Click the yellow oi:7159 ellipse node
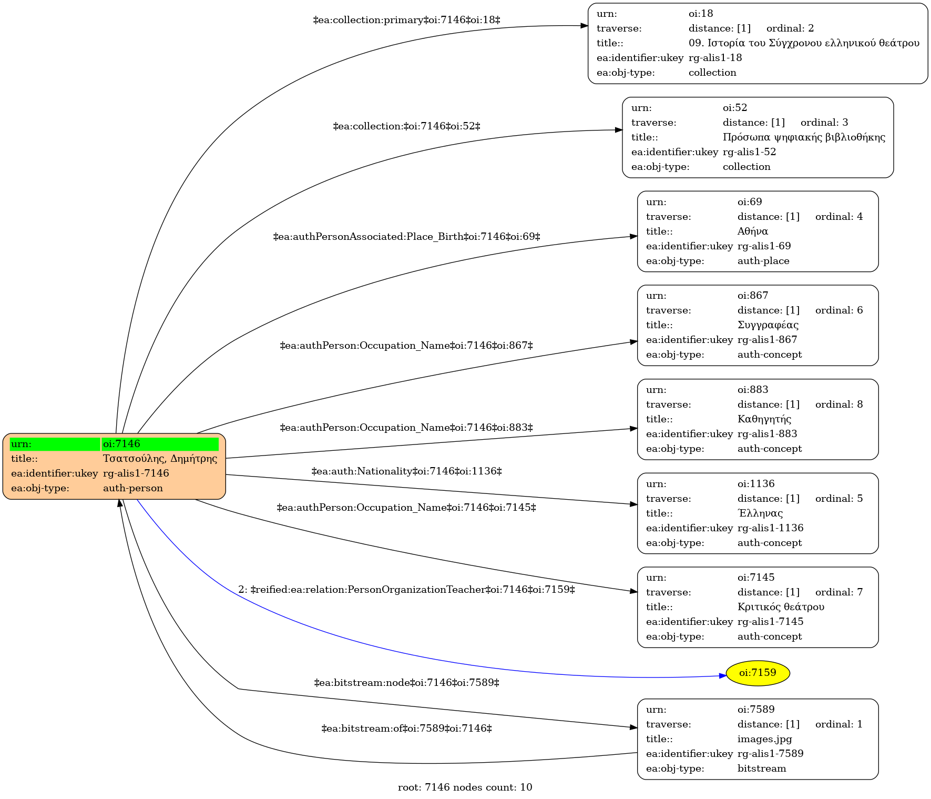(x=758, y=673)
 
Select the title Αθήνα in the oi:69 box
(x=753, y=231)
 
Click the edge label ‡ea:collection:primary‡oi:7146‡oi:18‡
(x=406, y=20)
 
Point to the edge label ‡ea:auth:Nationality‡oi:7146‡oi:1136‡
(x=406, y=471)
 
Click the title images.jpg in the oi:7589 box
(x=764, y=739)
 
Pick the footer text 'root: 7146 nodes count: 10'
(x=465, y=787)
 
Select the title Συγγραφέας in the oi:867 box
(x=768, y=325)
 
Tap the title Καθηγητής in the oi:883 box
(x=764, y=419)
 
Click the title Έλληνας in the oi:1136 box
(x=760, y=513)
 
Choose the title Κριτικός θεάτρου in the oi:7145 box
(x=781, y=607)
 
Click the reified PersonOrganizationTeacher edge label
(x=406, y=590)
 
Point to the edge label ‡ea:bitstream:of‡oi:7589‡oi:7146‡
(x=406, y=729)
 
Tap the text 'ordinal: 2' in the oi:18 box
(x=790, y=28)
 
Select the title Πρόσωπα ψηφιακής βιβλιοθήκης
(x=804, y=137)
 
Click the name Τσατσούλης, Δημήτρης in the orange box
(x=160, y=459)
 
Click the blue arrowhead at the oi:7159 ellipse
(x=723, y=675)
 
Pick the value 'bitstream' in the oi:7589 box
(x=762, y=768)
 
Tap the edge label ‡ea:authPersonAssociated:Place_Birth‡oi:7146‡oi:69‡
(x=406, y=237)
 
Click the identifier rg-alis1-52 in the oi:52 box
(x=749, y=152)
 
